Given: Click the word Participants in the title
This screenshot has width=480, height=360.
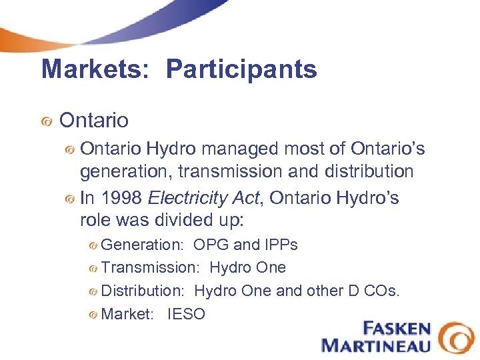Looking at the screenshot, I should pyautogui.click(x=241, y=69).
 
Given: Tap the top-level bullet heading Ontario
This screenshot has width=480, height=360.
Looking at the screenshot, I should pyautogui.click(x=93, y=121).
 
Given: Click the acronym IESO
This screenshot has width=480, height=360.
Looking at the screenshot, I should pyautogui.click(x=187, y=314).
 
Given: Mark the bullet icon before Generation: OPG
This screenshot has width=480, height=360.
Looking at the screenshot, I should pyautogui.click(x=93, y=245).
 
